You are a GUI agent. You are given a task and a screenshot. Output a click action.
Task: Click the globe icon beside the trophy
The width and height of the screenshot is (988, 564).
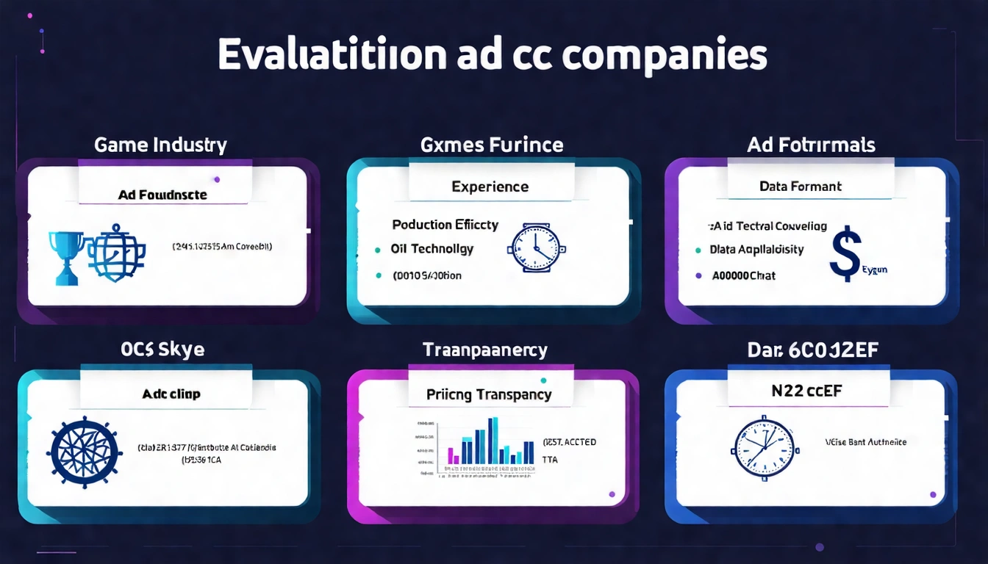pyautogui.click(x=116, y=253)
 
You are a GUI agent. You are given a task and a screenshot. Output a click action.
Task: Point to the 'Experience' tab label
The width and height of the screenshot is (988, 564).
pyautogui.click(x=490, y=187)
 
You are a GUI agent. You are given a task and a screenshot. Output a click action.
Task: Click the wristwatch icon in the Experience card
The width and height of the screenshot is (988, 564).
pyautogui.click(x=534, y=248)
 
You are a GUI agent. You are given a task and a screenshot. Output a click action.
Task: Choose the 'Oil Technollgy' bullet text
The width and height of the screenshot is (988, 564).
pyautogui.click(x=432, y=249)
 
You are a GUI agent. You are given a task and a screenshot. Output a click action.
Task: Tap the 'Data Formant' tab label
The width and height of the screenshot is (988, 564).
pyautogui.click(x=801, y=187)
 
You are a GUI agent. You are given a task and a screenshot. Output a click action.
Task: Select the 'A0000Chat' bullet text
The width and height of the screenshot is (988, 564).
pyautogui.click(x=744, y=275)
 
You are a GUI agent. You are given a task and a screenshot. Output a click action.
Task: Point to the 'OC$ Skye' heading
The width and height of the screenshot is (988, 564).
pyautogui.click(x=161, y=350)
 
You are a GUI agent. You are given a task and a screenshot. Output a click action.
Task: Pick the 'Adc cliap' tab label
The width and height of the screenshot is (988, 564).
pyautogui.click(x=171, y=394)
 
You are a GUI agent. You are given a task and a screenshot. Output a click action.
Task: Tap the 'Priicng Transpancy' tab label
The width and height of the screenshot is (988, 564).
pyautogui.click(x=489, y=394)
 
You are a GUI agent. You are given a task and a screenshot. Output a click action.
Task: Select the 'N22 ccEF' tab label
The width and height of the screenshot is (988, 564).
pyautogui.click(x=806, y=391)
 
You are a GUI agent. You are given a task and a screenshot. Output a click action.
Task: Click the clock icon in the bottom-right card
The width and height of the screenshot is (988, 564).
pyautogui.click(x=765, y=448)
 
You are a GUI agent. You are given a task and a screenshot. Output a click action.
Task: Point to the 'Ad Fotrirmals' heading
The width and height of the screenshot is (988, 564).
pyautogui.click(x=811, y=145)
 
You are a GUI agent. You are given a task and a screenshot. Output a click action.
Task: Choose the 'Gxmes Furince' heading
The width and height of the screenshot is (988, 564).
pyautogui.click(x=492, y=145)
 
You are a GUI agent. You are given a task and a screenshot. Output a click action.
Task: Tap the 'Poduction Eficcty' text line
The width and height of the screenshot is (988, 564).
pyautogui.click(x=445, y=224)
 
